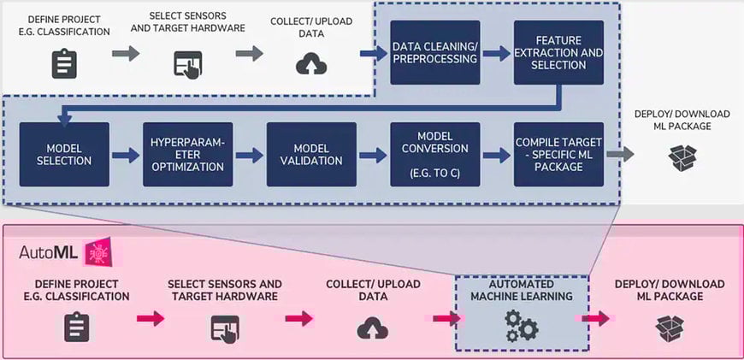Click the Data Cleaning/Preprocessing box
[x=434, y=52]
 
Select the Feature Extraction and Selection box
[x=558, y=52]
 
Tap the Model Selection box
[x=65, y=155]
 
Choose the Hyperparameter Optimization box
[x=188, y=155]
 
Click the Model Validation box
[x=311, y=155]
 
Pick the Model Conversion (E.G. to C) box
[x=434, y=155]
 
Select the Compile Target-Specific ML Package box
[x=558, y=155]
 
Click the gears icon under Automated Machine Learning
[x=521, y=326]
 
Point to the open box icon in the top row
[x=682, y=157]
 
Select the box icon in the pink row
[x=670, y=327]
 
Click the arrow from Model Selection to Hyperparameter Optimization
[x=126, y=156]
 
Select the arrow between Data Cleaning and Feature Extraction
[x=496, y=53]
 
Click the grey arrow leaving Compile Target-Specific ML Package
[x=620, y=156]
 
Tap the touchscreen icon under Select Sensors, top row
[x=187, y=65]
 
